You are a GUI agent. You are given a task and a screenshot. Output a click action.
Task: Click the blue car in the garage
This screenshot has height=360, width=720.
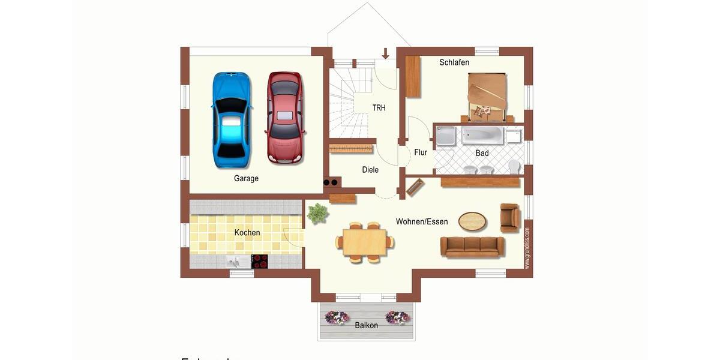click(232, 119)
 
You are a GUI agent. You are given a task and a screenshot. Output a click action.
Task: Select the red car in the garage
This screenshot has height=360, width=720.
click(285, 118)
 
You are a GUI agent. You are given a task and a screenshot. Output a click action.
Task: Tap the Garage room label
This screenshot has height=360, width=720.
click(246, 178)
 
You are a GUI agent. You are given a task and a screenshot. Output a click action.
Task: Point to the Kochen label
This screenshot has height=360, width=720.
click(247, 233)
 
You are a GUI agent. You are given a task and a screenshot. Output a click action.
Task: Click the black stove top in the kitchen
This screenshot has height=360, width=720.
click(260, 262)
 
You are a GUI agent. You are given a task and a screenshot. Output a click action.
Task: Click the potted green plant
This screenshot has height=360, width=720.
click(317, 213)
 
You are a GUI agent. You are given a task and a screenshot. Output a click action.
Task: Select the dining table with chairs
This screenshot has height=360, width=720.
click(365, 242)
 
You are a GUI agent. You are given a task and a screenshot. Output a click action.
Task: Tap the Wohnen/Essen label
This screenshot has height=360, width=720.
click(422, 222)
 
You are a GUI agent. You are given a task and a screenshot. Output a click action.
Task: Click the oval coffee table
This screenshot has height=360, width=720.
click(473, 221)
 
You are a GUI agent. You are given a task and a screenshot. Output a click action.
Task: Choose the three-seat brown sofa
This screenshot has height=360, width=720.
click(472, 246)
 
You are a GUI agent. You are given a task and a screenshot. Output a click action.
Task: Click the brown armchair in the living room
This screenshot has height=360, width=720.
click(510, 218)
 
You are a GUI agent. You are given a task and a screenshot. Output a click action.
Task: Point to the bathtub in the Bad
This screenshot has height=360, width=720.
click(482, 135)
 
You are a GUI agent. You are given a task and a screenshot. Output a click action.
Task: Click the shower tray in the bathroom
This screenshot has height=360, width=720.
click(446, 136)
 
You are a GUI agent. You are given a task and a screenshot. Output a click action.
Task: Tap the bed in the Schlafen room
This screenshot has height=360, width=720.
click(487, 95)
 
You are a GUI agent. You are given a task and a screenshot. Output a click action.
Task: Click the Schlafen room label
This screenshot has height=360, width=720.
click(454, 62)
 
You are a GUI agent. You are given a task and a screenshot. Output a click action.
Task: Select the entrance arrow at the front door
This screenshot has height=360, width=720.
click(385, 53)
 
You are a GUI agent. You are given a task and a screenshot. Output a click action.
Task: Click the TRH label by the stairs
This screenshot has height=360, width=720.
click(379, 108)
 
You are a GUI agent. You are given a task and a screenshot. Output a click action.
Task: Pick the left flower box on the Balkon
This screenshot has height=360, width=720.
click(337, 317)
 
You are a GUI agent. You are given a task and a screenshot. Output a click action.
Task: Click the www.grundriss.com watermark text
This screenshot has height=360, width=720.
click(527, 247)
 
